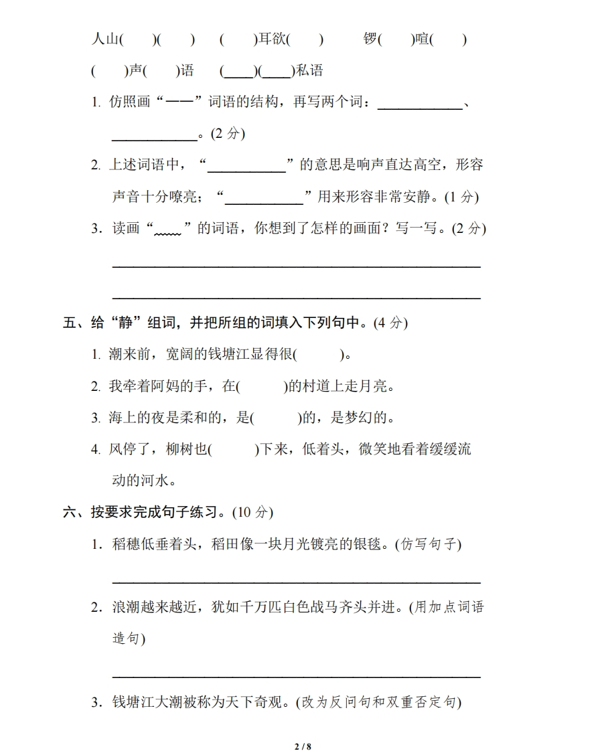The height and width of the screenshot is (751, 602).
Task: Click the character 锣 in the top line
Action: [370, 39]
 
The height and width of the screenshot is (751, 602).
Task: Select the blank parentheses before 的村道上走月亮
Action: [261, 386]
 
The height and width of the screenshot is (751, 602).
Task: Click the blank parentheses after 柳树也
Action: [233, 449]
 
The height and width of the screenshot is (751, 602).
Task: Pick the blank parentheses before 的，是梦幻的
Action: [275, 418]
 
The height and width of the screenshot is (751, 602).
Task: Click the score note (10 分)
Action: [253, 513]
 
